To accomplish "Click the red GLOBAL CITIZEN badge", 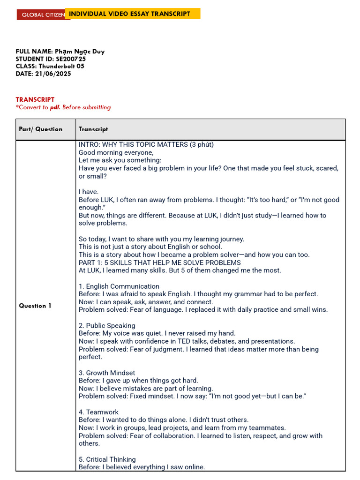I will [x=41, y=15].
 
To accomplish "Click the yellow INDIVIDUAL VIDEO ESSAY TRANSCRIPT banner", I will [x=132, y=14].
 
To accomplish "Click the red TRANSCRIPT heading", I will [x=35, y=99].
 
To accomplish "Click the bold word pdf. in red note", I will [x=55, y=107].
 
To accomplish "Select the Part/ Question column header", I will [x=40, y=129].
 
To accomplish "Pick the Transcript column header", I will [x=93, y=129].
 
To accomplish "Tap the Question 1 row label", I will [x=35, y=306].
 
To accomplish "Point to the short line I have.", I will [x=89, y=192].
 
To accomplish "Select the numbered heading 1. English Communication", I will [x=119, y=286].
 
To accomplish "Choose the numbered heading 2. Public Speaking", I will [x=107, y=326].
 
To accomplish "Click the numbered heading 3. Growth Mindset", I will [x=107, y=373].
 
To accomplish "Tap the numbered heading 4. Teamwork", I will [x=98, y=412].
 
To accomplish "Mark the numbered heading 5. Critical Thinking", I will [x=107, y=460].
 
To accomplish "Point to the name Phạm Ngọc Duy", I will [x=80, y=52].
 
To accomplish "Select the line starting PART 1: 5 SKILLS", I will [x=160, y=262].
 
